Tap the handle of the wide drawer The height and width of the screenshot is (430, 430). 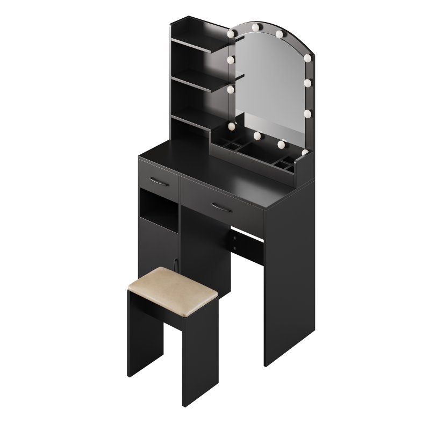coord(221,207)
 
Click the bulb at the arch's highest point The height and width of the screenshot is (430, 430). coord(279,34)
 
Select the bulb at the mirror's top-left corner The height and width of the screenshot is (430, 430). coord(231,33)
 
